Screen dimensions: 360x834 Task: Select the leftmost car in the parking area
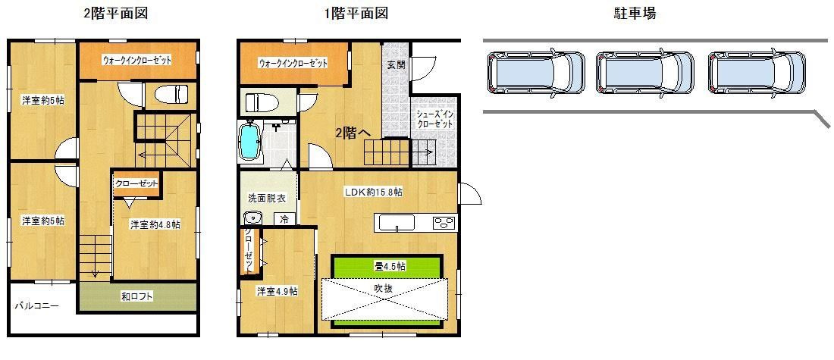pyautogui.click(x=536, y=74)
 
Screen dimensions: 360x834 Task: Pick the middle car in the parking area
pyautogui.click(x=645, y=74)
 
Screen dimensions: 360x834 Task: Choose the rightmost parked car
pyautogui.click(x=756, y=74)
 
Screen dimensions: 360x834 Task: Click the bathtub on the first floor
pyautogui.click(x=250, y=142)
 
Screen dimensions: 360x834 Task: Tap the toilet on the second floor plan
pyautogui.click(x=171, y=95)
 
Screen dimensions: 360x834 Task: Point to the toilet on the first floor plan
pyautogui.click(x=259, y=101)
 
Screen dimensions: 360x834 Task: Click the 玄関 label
pyautogui.click(x=396, y=65)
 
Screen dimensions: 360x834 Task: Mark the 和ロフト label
pyautogui.click(x=137, y=296)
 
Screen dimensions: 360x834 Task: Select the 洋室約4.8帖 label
pyautogui.click(x=155, y=224)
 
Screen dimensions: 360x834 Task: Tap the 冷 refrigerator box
pyautogui.click(x=284, y=218)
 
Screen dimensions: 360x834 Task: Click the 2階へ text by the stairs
pyautogui.click(x=353, y=133)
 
